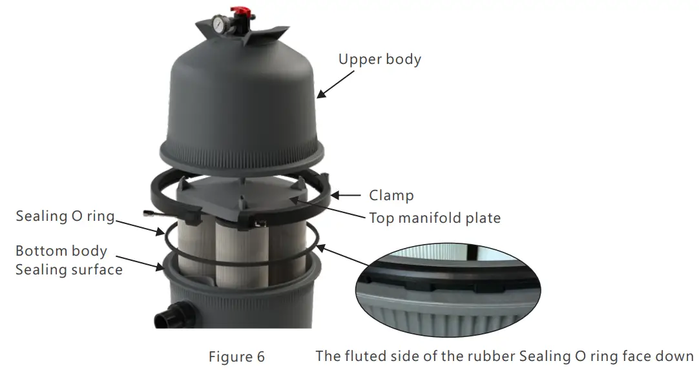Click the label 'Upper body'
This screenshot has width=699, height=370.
coord(379,59)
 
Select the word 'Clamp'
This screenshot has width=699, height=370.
coord(391,195)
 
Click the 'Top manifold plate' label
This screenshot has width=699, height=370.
coord(434,218)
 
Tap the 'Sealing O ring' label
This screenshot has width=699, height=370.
coord(65,216)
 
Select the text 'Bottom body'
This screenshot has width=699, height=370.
coord(61,251)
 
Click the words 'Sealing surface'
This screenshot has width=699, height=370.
coord(68,269)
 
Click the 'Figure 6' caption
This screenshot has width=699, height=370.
coord(236,356)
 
